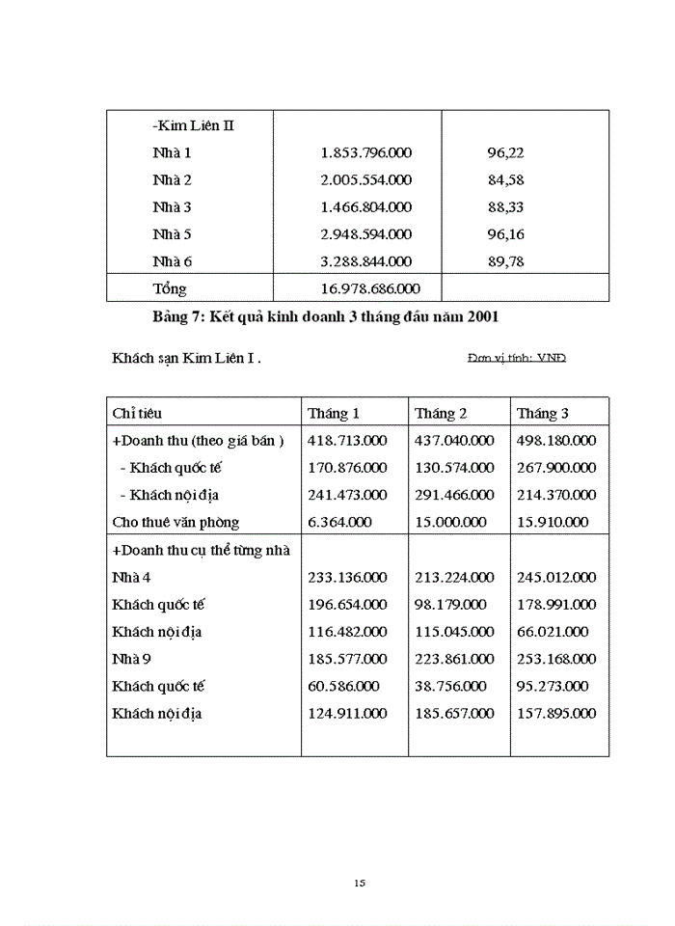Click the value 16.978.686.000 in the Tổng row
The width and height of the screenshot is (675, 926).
pos(369,288)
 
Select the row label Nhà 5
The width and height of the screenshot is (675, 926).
pos(172,233)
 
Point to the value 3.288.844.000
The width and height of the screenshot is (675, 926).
pos(365,260)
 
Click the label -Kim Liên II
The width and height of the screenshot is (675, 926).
pos(193,125)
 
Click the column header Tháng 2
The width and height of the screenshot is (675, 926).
pos(441,413)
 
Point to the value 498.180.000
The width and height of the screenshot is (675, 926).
pos(555,440)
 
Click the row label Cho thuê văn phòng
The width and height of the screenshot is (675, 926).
pos(175,522)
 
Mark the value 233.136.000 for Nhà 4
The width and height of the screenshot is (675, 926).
pos(347,577)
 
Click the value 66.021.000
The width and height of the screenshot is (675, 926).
pos(552,632)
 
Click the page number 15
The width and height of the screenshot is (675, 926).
pos(360,883)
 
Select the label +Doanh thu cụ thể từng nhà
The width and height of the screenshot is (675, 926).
pos(202,550)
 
